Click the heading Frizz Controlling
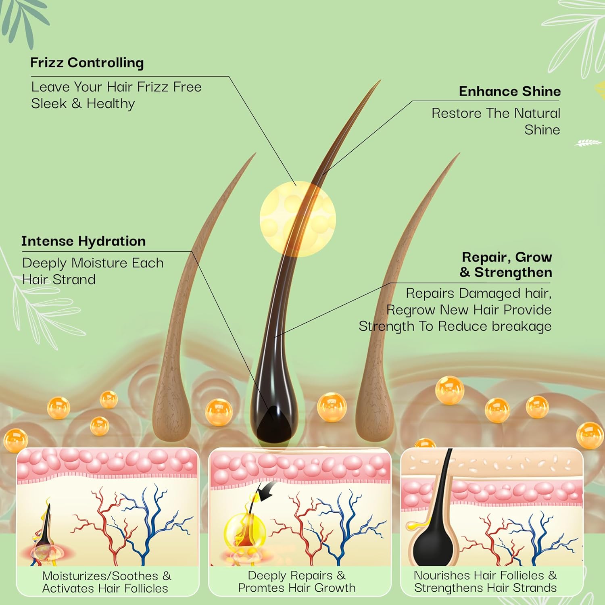tap(87, 63)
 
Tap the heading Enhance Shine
tap(510, 91)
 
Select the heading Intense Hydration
tap(83, 241)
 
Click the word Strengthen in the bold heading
tap(513, 273)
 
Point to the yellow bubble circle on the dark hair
tap(298, 219)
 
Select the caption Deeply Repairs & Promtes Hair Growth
tap(297, 582)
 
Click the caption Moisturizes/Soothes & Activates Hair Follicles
tap(106, 582)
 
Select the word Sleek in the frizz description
tap(49, 104)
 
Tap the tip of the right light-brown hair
tap(460, 153)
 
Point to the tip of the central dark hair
tap(380, 80)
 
